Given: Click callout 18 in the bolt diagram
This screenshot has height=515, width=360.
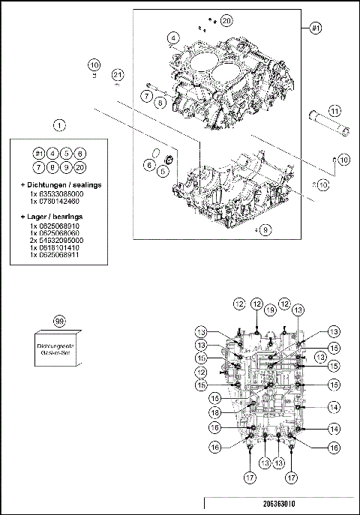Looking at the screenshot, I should (214, 412).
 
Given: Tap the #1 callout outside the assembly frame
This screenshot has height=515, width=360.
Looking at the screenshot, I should (315, 28).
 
